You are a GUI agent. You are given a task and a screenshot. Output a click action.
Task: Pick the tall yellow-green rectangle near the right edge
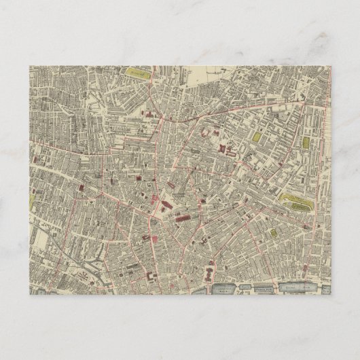(306, 144)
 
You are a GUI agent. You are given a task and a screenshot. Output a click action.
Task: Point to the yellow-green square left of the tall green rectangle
(255, 137)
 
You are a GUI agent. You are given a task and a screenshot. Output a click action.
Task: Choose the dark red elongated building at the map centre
(182, 217)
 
